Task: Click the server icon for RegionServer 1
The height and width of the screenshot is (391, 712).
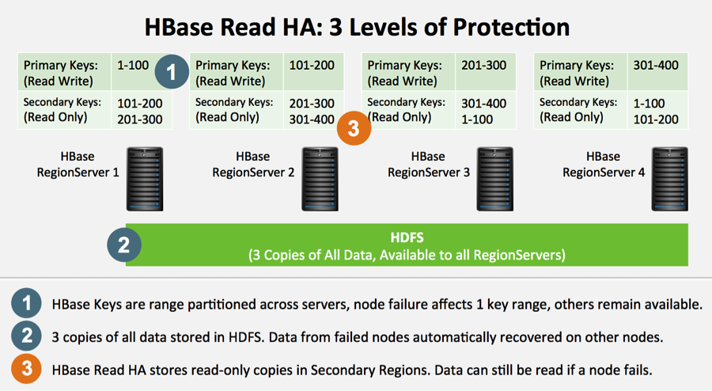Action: [x=145, y=179]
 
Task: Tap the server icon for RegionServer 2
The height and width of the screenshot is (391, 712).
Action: [x=320, y=179]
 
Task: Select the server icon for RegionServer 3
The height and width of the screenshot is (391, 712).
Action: [x=495, y=179]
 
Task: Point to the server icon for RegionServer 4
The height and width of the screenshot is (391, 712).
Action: [x=670, y=179]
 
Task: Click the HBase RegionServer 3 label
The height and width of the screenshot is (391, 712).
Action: [x=428, y=165]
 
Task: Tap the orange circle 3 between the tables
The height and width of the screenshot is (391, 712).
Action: [x=354, y=128]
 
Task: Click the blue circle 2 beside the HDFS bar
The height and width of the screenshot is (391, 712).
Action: [x=124, y=245]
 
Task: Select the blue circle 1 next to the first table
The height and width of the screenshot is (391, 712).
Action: [x=172, y=72]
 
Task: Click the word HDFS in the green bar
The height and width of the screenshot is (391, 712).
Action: [x=407, y=237]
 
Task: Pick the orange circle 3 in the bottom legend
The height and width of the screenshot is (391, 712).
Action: [x=27, y=369]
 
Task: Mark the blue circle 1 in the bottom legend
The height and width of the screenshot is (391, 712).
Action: [x=27, y=303]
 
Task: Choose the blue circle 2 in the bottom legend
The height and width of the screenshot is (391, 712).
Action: [x=27, y=336]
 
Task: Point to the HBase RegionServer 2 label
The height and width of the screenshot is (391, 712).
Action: [x=253, y=165]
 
